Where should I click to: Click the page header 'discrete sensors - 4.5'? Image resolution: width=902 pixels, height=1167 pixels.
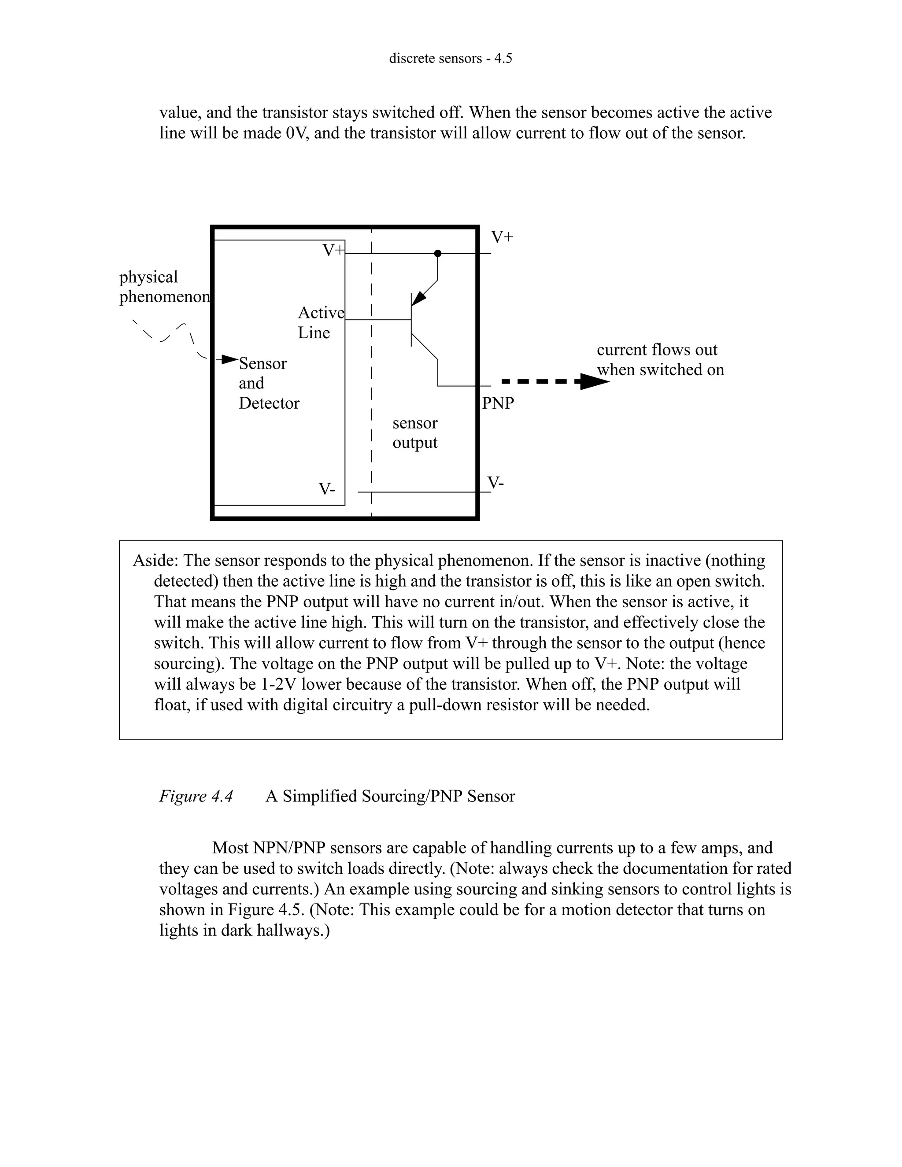450,58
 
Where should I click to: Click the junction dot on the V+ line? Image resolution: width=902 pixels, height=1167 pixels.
438,253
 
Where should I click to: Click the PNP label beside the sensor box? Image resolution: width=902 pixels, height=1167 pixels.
498,403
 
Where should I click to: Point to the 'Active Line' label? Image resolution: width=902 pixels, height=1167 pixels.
320,323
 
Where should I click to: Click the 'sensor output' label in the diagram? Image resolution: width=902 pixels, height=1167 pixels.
414,433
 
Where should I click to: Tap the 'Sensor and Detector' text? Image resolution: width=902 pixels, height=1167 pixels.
268,383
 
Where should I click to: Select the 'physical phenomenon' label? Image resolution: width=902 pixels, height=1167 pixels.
163,287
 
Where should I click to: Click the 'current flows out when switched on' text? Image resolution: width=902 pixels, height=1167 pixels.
659,360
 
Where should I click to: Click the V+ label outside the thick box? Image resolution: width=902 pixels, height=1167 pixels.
502,237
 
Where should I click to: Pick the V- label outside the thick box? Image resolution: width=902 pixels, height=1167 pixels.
495,483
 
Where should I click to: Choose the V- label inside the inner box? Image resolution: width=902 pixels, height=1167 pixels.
326,489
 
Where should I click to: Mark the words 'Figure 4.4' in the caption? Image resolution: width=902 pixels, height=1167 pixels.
196,796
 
